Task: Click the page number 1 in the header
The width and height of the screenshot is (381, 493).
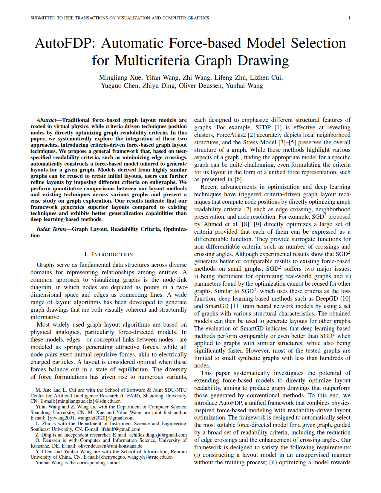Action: tap(349, 18)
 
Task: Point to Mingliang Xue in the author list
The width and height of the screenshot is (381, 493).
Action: tap(120, 78)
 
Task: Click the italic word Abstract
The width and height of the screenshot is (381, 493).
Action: tap(46, 120)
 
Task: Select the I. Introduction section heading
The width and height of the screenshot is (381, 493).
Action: tap(108, 255)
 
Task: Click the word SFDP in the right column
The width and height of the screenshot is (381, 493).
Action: tap(263, 128)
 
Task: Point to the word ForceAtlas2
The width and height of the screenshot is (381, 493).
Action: tap(231, 135)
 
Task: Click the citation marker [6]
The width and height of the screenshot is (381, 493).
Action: tap(238, 180)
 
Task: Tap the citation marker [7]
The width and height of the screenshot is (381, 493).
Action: tap(248, 209)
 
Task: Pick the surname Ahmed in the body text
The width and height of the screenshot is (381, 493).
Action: tap(213, 224)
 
